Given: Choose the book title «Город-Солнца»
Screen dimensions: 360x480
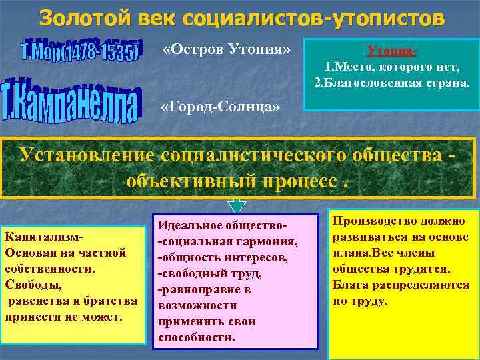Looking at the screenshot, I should pos(221,107).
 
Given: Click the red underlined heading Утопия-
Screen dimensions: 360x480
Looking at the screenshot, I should pos(392,51).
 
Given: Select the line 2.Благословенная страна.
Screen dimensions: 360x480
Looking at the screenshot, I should pos(392,83).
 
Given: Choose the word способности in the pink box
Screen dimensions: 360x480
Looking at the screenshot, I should pos(197,337).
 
